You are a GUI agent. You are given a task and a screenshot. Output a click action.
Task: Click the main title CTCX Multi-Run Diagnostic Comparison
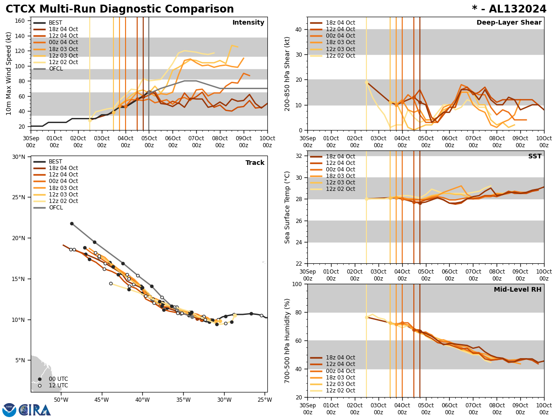120,9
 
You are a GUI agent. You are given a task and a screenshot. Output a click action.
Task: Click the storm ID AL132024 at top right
515,9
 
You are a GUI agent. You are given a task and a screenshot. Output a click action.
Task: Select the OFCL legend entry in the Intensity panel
56,69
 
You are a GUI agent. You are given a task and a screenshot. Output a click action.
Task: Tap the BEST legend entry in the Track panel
55,162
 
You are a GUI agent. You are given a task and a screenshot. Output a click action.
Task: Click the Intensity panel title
248,23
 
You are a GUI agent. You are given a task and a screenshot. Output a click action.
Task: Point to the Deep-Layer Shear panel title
509,23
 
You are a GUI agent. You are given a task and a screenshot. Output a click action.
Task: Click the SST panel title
534,157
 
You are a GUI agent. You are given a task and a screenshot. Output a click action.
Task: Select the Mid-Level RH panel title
518,290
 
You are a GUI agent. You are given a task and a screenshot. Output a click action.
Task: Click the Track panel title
255,163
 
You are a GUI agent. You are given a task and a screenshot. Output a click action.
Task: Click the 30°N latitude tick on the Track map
19,157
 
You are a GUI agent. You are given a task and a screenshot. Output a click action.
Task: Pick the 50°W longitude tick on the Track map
60,399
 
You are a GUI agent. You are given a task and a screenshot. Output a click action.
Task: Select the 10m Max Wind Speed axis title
9,73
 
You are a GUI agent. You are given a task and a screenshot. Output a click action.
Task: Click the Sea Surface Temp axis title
287,207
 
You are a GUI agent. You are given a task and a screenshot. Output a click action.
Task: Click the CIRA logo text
35,410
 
